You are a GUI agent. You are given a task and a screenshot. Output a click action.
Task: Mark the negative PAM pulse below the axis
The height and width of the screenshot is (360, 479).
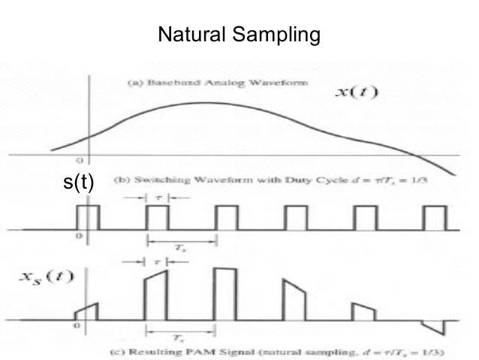(x=434, y=328)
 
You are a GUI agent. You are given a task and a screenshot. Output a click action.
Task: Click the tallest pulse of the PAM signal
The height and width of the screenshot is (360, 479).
(x=225, y=294)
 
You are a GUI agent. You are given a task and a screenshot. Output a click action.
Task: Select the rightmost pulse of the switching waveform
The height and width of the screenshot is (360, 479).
(x=434, y=217)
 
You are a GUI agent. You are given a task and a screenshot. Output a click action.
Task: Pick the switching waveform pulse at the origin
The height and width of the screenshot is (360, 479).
(x=88, y=217)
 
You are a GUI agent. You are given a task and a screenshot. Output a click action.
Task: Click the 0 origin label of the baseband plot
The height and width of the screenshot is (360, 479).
(x=79, y=162)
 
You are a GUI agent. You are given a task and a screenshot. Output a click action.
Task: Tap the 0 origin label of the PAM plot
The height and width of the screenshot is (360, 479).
(x=75, y=328)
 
